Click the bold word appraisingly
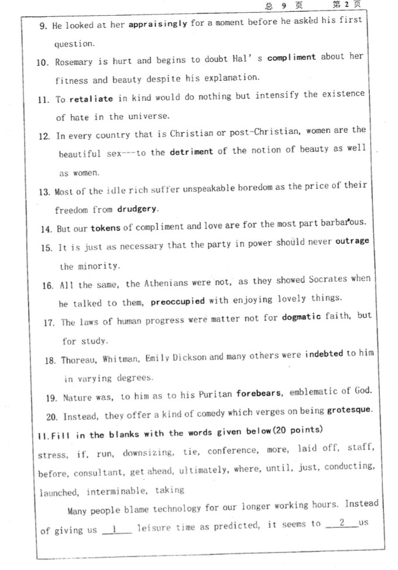157,24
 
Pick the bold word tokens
105,227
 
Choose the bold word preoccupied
177,302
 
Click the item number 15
47,247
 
